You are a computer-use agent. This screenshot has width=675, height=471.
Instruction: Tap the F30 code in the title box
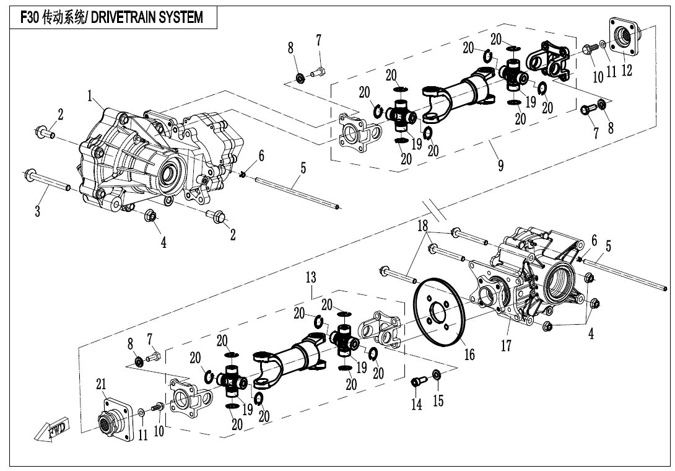pos(30,17)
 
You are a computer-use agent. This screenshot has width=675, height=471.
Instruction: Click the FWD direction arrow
pos(52,430)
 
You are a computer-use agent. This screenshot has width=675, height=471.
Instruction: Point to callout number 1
pos(90,96)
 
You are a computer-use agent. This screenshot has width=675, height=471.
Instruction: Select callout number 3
pos(37,211)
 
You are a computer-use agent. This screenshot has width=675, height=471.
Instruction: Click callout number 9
pos(500,164)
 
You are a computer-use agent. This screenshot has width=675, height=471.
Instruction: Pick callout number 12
pos(627,70)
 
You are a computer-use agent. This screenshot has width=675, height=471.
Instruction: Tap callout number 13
pos(311,277)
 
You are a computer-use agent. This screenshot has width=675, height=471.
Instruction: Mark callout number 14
pos(417,404)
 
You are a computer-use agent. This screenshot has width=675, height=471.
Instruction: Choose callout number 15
pos(438,401)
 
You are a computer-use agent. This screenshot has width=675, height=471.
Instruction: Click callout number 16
pos(469,354)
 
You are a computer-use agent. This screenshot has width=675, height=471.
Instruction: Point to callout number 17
pos(507,345)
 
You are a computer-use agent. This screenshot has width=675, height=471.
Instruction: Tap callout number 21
pos(102,385)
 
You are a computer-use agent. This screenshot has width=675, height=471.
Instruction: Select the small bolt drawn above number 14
pos(417,382)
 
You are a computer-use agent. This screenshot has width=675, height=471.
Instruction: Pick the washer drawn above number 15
pos(437,374)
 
